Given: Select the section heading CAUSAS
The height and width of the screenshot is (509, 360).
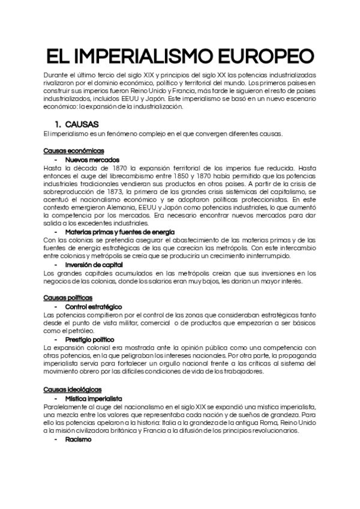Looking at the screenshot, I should click(78, 124).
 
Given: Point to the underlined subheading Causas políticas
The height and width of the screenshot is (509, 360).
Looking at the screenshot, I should click(68, 297).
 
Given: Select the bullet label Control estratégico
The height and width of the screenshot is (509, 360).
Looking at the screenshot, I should click(94, 306).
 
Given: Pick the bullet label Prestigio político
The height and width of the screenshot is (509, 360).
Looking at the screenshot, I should click(90, 339).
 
